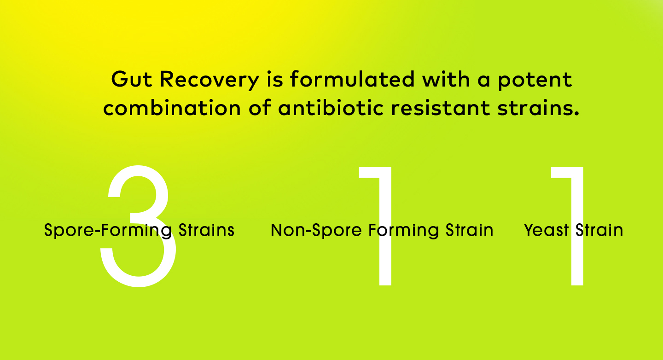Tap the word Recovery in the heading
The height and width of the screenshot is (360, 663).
(x=209, y=80)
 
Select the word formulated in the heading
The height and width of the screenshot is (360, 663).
(x=352, y=80)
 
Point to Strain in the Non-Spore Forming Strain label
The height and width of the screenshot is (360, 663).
(x=469, y=230)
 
